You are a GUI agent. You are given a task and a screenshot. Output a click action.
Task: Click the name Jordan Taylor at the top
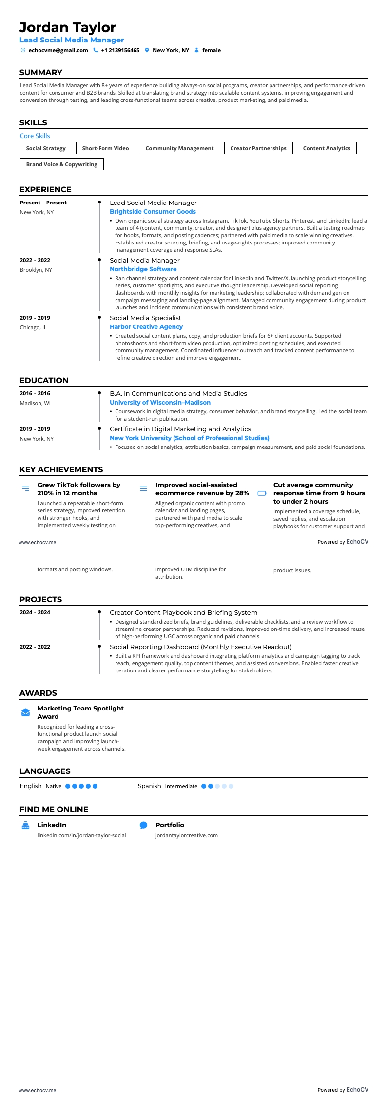click(x=68, y=27)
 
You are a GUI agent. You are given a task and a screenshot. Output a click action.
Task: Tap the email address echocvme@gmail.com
click(x=58, y=50)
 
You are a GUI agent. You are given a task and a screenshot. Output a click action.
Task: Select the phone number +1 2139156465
click(x=120, y=50)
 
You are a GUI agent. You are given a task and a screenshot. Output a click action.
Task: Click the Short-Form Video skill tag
click(x=105, y=148)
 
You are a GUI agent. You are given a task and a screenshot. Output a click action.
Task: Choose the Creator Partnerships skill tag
click(x=258, y=148)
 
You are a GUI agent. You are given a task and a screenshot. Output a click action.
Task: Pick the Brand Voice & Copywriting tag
click(x=62, y=164)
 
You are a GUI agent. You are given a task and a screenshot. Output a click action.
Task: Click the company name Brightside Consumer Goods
click(x=153, y=212)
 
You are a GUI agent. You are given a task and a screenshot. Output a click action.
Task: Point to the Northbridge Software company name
click(x=143, y=269)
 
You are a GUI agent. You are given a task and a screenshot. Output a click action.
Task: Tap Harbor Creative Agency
click(x=146, y=327)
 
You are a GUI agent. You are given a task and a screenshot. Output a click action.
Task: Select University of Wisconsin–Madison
click(x=160, y=403)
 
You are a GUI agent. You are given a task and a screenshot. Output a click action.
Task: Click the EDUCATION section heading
click(x=44, y=381)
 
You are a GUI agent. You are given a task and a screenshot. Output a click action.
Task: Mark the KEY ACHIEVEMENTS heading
click(x=61, y=470)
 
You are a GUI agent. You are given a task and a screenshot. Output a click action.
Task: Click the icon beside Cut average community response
click(x=262, y=493)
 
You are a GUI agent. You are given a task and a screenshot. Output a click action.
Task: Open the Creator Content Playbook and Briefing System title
click(x=183, y=613)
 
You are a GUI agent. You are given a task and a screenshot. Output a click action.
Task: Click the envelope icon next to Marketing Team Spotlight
click(x=26, y=713)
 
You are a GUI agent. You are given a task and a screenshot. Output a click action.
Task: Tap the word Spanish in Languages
click(x=149, y=786)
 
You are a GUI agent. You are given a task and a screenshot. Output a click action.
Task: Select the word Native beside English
click(x=54, y=787)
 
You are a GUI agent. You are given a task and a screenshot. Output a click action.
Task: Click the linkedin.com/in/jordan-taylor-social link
click(x=81, y=835)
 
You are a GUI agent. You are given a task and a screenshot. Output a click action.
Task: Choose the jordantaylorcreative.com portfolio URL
click(x=186, y=835)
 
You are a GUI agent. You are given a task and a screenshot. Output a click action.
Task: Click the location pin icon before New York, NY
click(x=147, y=50)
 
